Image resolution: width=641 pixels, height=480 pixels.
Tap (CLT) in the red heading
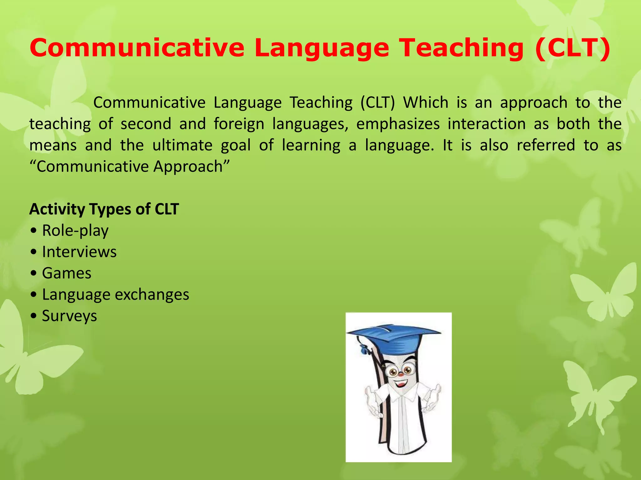click(572, 47)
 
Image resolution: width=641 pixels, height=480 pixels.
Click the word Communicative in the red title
click(137, 47)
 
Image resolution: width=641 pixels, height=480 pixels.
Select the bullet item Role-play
click(75, 231)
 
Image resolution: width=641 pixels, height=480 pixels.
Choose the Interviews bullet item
click(79, 252)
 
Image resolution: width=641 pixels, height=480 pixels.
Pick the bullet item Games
click(67, 273)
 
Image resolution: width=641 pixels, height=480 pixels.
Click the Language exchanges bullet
click(115, 295)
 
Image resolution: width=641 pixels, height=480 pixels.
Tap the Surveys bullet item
click(69, 316)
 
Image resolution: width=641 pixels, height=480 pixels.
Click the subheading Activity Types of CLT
click(104, 209)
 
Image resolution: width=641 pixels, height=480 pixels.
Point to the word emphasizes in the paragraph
click(398, 124)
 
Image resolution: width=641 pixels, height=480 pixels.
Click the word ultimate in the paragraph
click(182, 145)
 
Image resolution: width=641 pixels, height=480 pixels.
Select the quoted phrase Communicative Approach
click(130, 167)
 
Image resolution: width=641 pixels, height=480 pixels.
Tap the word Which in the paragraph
click(426, 102)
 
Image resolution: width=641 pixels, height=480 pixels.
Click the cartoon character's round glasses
click(400, 371)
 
